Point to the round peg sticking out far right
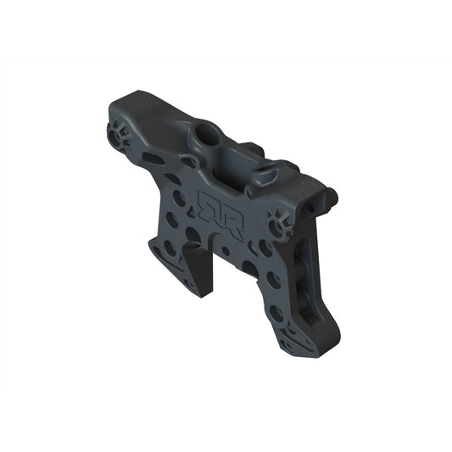(335, 197)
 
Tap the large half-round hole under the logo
(193, 237)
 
